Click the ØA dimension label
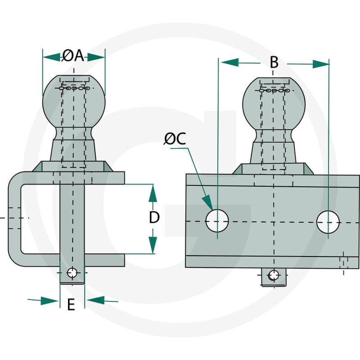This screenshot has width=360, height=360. pyautogui.click(x=73, y=56)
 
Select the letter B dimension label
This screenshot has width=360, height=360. pyautogui.click(x=274, y=63)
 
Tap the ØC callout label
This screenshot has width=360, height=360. pyautogui.click(x=175, y=139)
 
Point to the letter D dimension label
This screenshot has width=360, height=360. pyautogui.click(x=154, y=217)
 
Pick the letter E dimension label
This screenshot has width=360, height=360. pyautogui.click(x=71, y=305)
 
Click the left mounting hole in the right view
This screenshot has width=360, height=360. pyautogui.click(x=217, y=220)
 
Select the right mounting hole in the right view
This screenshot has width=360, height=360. pyautogui.click(x=328, y=222)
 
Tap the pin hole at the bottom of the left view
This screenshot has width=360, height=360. pyautogui.click(x=72, y=273)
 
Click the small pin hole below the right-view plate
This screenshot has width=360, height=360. pyautogui.click(x=274, y=275)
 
